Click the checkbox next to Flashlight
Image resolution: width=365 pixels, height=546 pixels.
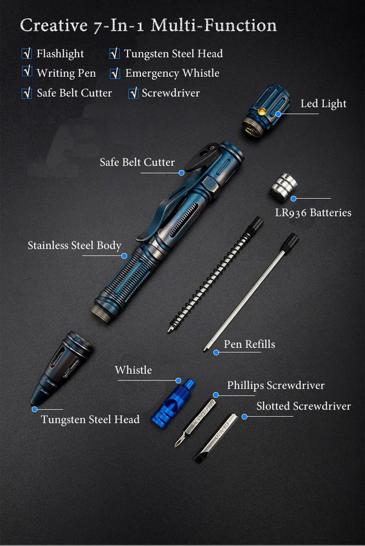click(27, 54)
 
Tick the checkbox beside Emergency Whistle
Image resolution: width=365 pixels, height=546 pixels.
click(115, 74)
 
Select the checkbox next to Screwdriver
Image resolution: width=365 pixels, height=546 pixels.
click(133, 93)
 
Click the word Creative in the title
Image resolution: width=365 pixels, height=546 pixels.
click(54, 26)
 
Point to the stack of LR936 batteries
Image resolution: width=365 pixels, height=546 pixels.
click(283, 187)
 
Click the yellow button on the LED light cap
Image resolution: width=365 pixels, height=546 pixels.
click(261, 111)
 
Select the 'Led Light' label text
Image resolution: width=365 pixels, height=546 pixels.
click(323, 103)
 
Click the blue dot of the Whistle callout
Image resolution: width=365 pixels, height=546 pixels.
click(178, 381)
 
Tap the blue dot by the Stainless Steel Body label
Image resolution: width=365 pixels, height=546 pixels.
click(124, 256)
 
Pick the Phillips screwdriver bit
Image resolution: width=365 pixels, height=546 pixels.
click(195, 423)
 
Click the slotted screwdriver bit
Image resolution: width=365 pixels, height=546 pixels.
click(216, 438)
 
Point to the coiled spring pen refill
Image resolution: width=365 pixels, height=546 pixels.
click(216, 275)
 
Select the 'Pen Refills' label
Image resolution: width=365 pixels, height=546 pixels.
click(249, 344)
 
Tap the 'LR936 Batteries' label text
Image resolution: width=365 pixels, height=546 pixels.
click(313, 212)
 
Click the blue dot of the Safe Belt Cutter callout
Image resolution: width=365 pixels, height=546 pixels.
click(181, 173)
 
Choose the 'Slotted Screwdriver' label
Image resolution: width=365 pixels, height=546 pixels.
click(304, 406)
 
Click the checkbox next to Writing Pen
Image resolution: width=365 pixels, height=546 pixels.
click(27, 71)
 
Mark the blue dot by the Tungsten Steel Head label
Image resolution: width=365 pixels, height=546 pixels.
click(35, 409)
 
